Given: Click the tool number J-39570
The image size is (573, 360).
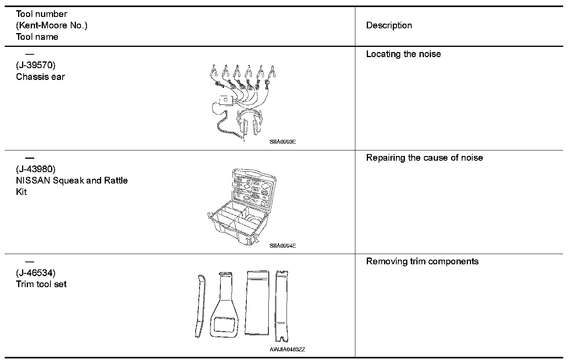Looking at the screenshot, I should [36, 65].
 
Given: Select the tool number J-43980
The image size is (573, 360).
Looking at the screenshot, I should [36, 169].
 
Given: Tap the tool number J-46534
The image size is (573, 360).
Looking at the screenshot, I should [36, 273].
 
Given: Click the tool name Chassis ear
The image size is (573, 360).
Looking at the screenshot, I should [40, 77].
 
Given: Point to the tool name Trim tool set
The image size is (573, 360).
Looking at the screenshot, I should [41, 284].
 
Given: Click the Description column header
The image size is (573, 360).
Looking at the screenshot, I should [389, 26].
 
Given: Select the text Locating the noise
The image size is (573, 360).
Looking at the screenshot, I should [403, 54].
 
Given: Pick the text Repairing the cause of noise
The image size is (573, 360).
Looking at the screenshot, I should [424, 158].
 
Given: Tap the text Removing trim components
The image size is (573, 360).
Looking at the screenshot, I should [422, 262].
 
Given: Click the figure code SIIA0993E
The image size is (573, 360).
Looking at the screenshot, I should [283, 142].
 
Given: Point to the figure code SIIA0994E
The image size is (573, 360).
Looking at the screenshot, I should [283, 246].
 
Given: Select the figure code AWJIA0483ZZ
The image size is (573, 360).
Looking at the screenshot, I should [287, 349].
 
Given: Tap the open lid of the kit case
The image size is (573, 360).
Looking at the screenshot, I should [252, 189].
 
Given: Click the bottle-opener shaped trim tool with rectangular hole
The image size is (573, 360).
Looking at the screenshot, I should [225, 305].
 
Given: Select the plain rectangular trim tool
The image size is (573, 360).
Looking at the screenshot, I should [257, 302].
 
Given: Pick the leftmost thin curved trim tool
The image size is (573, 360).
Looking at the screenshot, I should [200, 305].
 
